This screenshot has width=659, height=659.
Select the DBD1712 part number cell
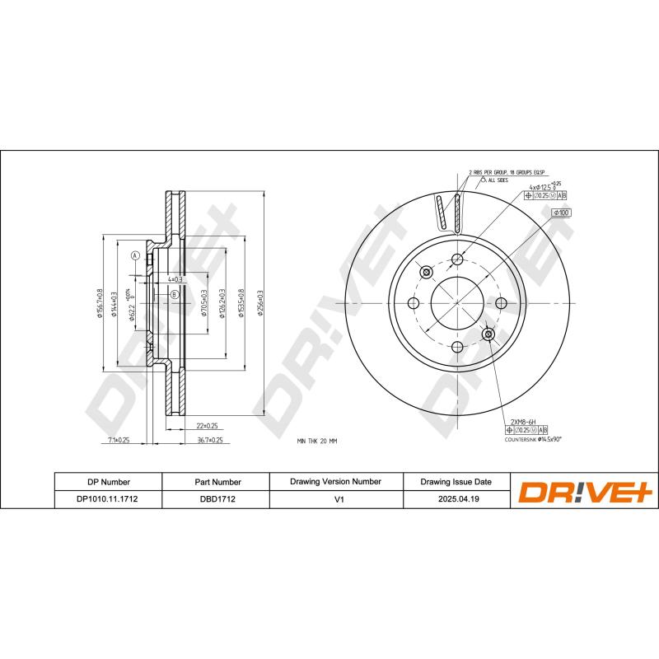[217, 498]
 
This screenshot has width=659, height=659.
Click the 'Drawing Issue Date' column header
[456, 481]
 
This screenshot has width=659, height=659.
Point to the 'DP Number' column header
[108, 481]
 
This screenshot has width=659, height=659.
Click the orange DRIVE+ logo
[584, 491]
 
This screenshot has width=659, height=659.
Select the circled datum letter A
[134, 256]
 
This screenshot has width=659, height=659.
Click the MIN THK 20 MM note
[317, 442]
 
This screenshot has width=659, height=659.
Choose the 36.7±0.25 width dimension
[210, 441]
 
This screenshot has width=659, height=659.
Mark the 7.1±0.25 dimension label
[119, 441]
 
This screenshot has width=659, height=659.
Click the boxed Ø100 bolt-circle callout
[562, 213]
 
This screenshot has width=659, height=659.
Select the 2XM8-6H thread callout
[523, 422]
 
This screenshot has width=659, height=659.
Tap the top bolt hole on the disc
[457, 260]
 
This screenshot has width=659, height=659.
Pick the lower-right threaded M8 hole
[488, 334]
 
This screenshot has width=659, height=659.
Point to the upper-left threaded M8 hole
[426, 273]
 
